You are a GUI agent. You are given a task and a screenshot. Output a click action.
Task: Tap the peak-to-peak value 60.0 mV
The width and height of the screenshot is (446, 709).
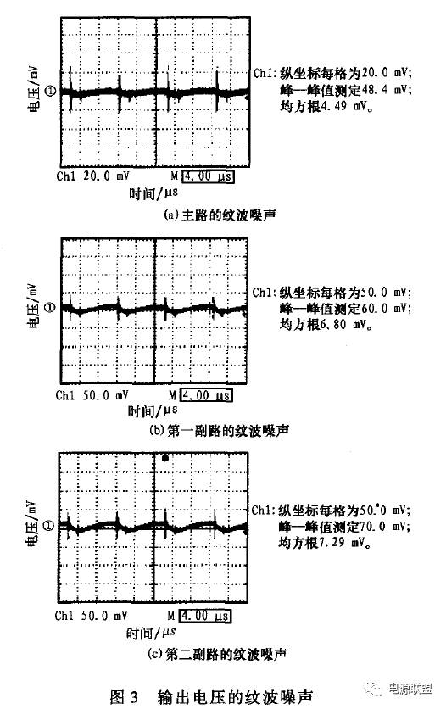[x=387, y=309]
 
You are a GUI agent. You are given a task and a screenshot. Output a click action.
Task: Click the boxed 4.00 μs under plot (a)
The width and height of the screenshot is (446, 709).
[x=209, y=176]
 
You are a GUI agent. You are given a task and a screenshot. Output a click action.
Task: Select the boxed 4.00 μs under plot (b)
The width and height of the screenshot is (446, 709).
[x=207, y=395]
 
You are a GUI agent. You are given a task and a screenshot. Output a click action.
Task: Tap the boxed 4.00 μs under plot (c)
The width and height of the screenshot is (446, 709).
[x=204, y=616]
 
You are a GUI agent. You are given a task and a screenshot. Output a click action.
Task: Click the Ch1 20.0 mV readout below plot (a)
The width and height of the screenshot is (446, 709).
[x=92, y=176]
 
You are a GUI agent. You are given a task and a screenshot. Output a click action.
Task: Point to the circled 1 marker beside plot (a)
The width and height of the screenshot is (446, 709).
[x=51, y=92]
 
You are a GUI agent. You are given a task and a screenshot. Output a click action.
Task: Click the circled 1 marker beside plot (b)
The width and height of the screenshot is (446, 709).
[x=50, y=308]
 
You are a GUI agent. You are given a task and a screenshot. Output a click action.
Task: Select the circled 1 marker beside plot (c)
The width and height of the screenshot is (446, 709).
[x=49, y=526]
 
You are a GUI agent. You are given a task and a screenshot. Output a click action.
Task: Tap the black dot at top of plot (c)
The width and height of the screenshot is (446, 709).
[x=165, y=458]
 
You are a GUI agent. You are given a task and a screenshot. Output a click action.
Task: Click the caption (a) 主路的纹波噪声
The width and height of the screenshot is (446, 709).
[x=220, y=215]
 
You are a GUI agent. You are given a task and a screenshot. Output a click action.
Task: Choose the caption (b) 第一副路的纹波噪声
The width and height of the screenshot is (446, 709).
[x=219, y=431]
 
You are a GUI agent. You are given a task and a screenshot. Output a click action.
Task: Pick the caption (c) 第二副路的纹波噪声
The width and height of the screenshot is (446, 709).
[x=217, y=653]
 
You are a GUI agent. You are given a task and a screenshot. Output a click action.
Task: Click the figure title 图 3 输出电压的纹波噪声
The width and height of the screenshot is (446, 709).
[x=211, y=697]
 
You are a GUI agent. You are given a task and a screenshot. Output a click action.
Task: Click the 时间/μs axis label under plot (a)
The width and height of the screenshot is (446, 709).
[x=153, y=193]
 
